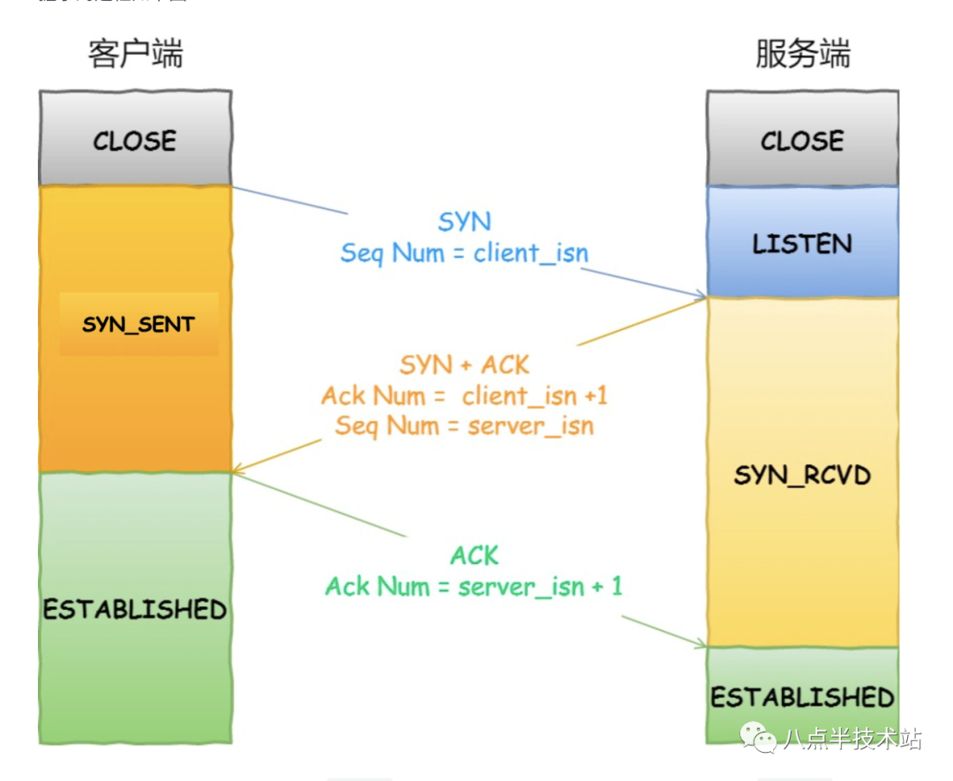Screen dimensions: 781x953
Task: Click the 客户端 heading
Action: [135, 54]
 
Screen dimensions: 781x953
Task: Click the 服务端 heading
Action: [802, 54]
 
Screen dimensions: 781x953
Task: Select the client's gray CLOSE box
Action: [135, 139]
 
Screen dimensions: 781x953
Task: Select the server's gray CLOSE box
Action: [802, 139]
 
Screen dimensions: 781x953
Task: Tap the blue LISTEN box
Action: [802, 243]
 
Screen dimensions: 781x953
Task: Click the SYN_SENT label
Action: [138, 325]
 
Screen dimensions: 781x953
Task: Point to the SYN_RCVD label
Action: [802, 476]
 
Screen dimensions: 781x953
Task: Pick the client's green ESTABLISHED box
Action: [135, 609]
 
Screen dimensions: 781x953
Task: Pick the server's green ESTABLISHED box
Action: [802, 696]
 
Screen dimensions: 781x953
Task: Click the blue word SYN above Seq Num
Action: [464, 222]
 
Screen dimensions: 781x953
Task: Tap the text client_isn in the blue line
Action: [530, 253]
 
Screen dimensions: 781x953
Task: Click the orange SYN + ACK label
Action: [464, 364]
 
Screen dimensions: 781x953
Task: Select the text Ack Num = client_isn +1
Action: [464, 395]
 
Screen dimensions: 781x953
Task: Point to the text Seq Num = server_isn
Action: [464, 426]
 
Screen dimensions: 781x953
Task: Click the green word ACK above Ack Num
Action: [475, 555]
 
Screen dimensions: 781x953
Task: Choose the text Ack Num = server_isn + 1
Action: [474, 586]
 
